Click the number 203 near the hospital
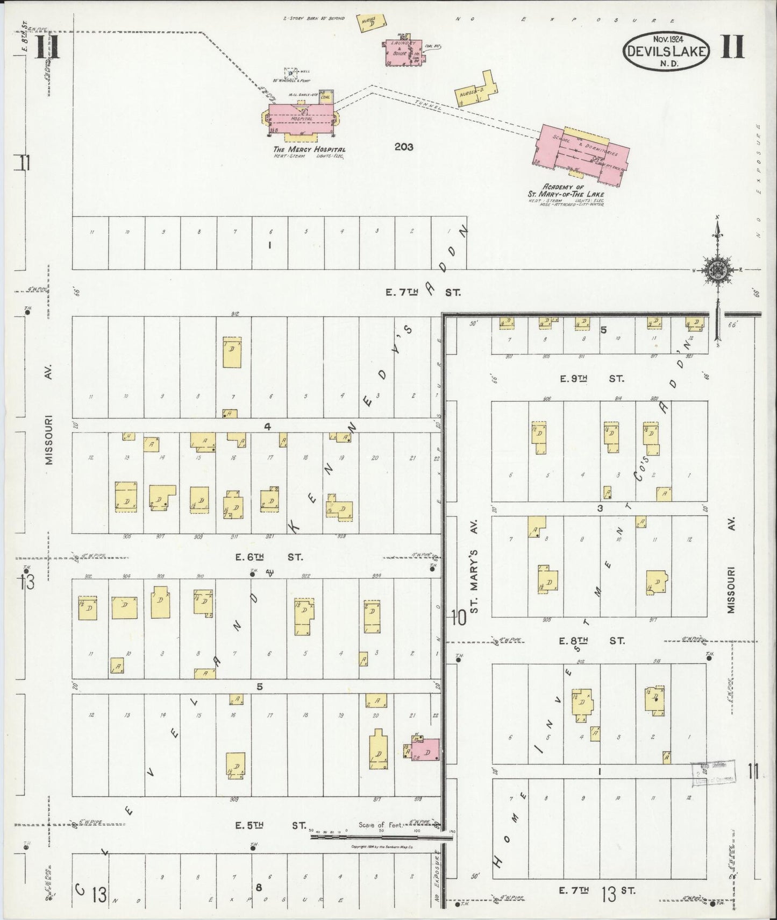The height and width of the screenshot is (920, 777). [403, 146]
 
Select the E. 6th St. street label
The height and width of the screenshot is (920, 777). [269, 557]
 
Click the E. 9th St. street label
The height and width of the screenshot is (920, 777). [591, 379]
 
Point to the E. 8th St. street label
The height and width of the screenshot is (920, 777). [591, 641]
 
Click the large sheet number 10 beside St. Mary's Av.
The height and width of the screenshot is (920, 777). [458, 617]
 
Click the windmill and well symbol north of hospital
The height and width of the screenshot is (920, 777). [291, 73]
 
